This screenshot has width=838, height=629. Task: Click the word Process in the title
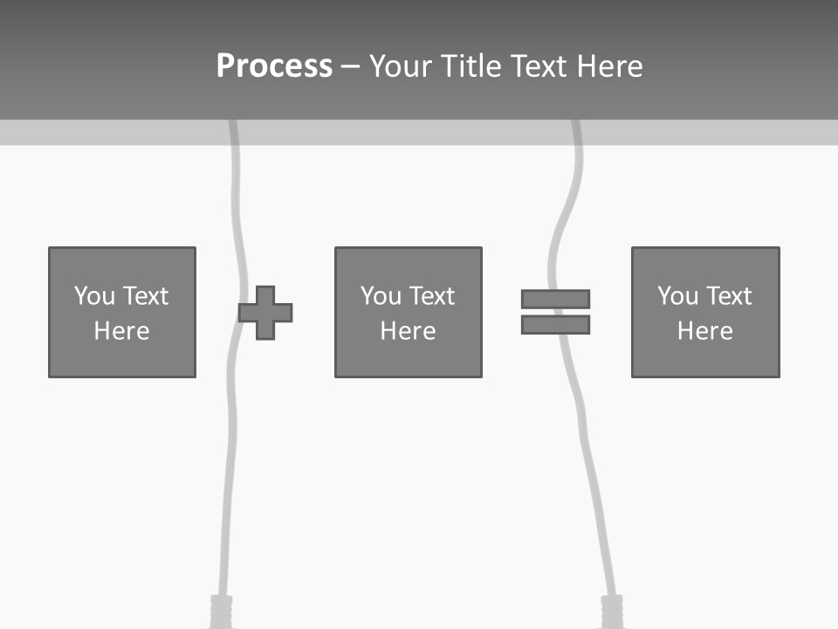click(274, 66)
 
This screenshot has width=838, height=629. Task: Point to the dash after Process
click(350, 66)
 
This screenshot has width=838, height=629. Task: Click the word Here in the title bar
click(611, 66)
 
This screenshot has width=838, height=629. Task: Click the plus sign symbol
click(265, 312)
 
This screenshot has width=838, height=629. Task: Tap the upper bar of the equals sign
click(555, 299)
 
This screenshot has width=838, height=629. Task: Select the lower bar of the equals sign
click(555, 324)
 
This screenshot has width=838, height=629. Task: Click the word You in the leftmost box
click(94, 296)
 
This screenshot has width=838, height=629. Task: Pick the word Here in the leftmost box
click(122, 331)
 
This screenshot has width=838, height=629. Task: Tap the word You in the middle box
click(381, 296)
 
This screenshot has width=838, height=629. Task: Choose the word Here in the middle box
click(409, 331)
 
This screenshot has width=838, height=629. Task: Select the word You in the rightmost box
click(677, 296)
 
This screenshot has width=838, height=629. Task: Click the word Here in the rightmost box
click(705, 331)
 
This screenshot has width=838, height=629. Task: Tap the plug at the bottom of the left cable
click(221, 611)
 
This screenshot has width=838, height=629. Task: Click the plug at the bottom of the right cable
click(614, 611)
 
